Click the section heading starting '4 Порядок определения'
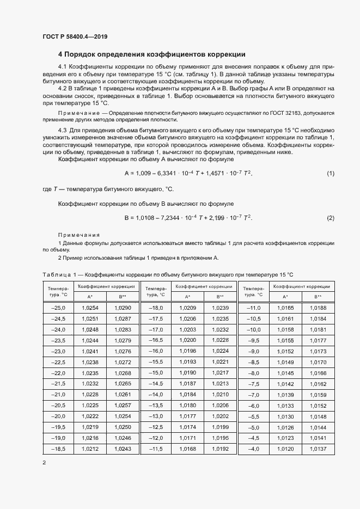(151, 54)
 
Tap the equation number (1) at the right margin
(330, 173)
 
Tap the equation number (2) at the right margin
(330, 218)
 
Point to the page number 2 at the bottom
(44, 462)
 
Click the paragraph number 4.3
(62, 131)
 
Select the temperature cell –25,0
(57, 308)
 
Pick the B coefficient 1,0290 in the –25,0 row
(123, 308)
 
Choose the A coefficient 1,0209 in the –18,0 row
(187, 308)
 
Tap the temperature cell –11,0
(254, 308)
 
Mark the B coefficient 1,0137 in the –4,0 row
(318, 449)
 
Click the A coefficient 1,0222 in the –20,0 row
(90, 416)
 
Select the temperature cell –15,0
(156, 373)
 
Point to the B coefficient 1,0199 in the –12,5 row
(220, 427)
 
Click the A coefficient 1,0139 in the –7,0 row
(285, 395)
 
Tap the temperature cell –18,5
(57, 449)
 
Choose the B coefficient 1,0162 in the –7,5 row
(318, 384)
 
